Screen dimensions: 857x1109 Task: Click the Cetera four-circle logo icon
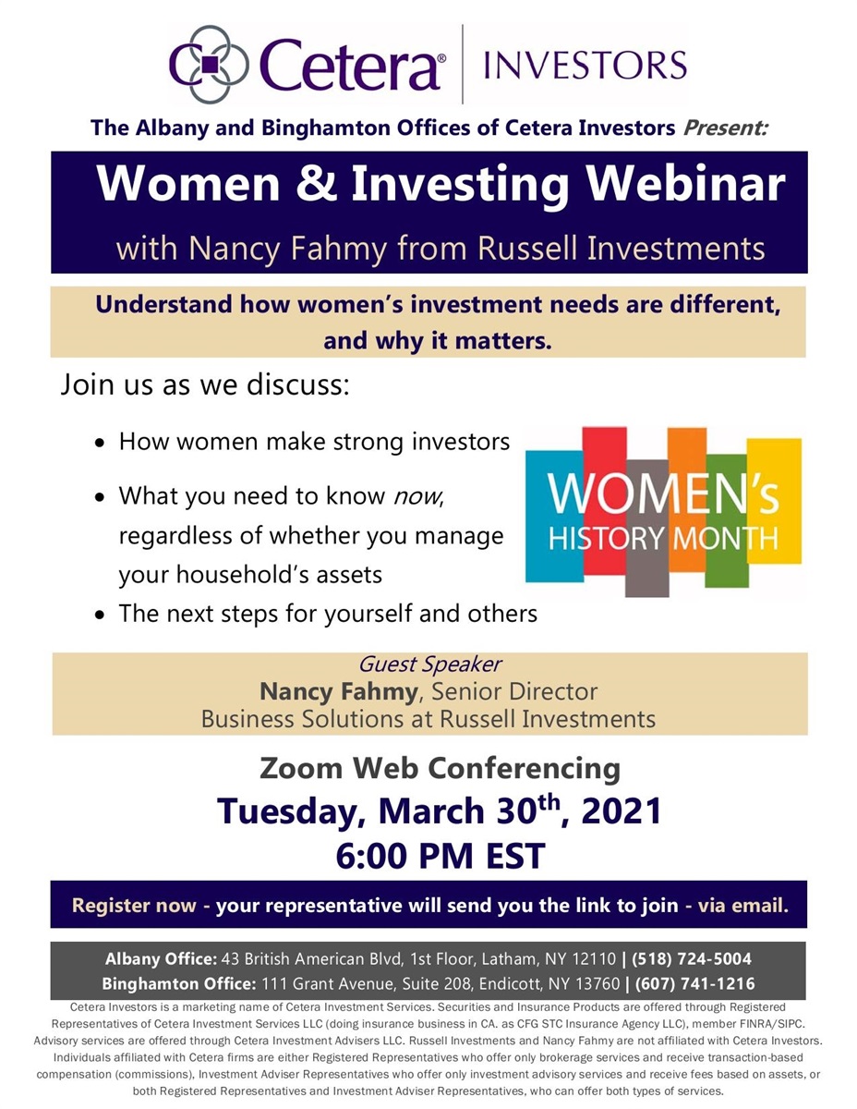pos(209,64)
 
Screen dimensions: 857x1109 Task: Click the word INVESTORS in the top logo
pos(585,65)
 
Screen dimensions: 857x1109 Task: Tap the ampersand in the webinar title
pos(316,183)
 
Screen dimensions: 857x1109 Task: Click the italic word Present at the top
pos(725,128)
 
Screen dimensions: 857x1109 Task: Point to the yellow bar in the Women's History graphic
pos(774,500)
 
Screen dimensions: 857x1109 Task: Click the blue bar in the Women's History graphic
pos(554,516)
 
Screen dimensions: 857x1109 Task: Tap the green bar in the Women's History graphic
pos(727,520)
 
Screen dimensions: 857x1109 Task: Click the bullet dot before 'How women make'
pos(101,444)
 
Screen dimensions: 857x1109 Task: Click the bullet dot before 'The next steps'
pos(101,615)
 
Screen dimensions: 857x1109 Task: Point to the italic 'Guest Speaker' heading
pos(429,664)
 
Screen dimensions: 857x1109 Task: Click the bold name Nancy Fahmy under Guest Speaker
pos(339,691)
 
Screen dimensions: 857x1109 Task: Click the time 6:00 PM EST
pos(441,856)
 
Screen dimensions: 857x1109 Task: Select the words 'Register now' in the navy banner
pos(134,906)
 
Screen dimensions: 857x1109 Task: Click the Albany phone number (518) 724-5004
pos(692,958)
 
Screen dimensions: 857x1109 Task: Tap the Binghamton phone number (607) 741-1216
pos(694,983)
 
